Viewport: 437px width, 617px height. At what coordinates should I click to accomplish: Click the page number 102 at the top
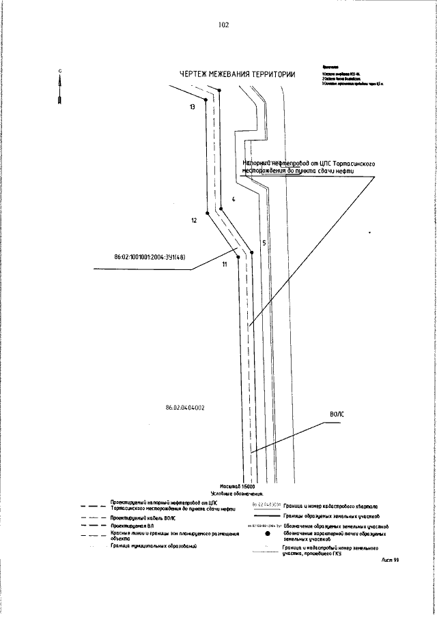[x=223, y=25]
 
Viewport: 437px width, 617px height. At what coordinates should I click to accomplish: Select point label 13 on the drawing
[x=193, y=108]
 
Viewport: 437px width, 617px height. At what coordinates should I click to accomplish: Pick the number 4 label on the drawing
[x=233, y=199]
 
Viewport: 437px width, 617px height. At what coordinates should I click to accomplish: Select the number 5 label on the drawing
[x=263, y=243]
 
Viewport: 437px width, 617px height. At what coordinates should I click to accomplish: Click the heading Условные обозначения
[x=242, y=492]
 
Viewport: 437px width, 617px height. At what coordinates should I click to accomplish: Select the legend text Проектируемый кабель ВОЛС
[x=145, y=518]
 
